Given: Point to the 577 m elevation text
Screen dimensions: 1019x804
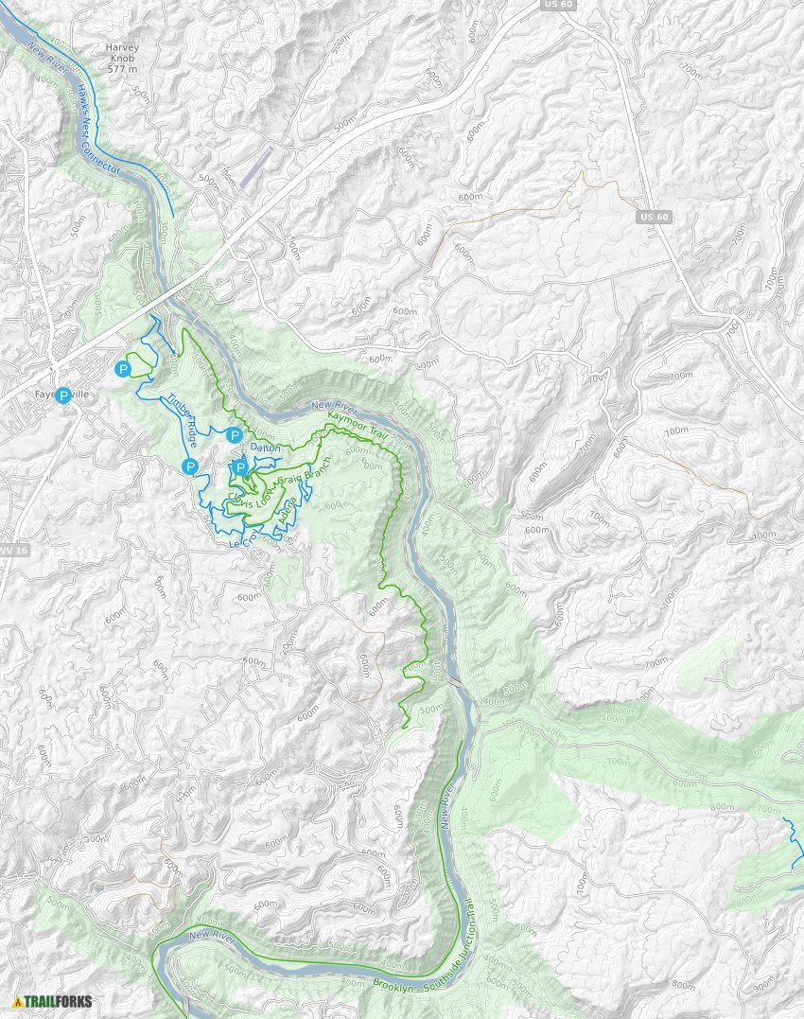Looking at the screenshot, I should click(x=122, y=69).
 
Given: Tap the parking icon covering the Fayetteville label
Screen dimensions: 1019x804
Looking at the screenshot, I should click(x=63, y=395).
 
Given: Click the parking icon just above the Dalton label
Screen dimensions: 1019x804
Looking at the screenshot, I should click(x=234, y=434).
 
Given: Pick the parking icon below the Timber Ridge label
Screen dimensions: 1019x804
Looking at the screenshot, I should click(x=190, y=466).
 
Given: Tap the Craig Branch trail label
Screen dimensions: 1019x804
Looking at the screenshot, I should click(x=306, y=480).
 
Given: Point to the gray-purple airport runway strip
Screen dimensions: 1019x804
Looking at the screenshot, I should click(x=254, y=167).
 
